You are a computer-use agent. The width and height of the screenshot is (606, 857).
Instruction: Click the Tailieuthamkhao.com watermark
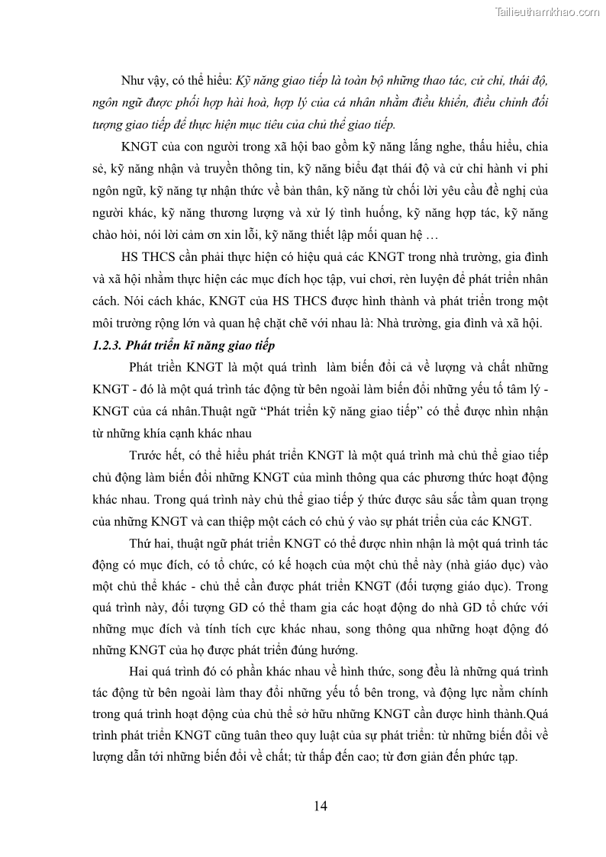547,11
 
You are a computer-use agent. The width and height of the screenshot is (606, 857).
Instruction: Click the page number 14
321,807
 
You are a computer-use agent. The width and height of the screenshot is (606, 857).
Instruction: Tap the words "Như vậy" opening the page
143,81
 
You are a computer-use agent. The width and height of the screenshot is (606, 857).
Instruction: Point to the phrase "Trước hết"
157,456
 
